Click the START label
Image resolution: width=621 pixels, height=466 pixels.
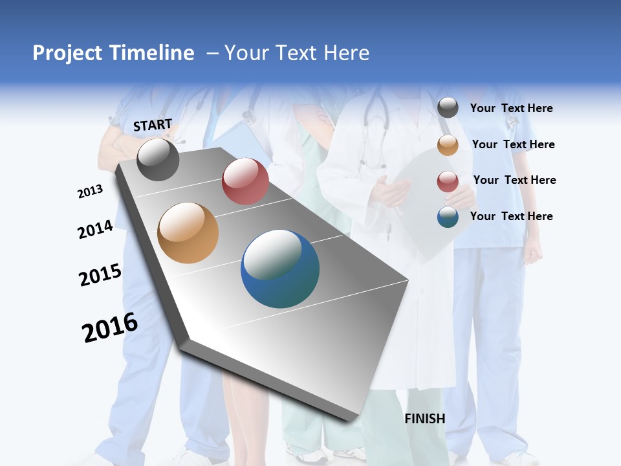point(153,125)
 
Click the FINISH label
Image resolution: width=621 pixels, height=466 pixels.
point(425,419)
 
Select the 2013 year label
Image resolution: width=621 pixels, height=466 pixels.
point(90,192)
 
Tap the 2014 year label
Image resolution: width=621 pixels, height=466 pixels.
point(95,230)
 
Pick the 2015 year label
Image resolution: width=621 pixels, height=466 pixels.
point(100,275)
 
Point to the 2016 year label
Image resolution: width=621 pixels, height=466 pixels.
point(110,327)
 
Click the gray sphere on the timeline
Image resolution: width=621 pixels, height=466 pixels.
point(158,159)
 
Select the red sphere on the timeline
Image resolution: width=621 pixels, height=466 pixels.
point(245,181)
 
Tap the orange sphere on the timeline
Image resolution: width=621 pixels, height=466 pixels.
point(188,233)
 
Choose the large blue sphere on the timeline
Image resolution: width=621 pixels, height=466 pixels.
point(280,269)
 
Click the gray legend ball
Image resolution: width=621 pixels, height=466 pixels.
point(448,108)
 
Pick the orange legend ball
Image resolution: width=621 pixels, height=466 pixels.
point(448,145)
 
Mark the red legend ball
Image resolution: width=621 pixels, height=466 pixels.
point(448,181)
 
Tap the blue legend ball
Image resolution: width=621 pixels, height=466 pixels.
point(448,217)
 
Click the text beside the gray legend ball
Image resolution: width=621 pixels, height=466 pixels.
point(511,108)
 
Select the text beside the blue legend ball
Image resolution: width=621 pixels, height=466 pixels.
point(511,216)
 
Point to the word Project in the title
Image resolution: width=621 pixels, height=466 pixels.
point(67,53)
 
